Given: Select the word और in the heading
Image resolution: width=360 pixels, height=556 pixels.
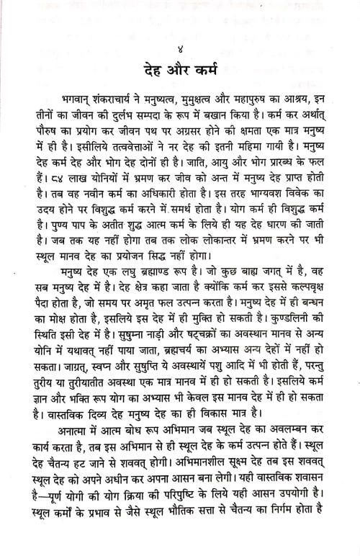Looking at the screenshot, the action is pyautogui.click(x=180, y=71).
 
